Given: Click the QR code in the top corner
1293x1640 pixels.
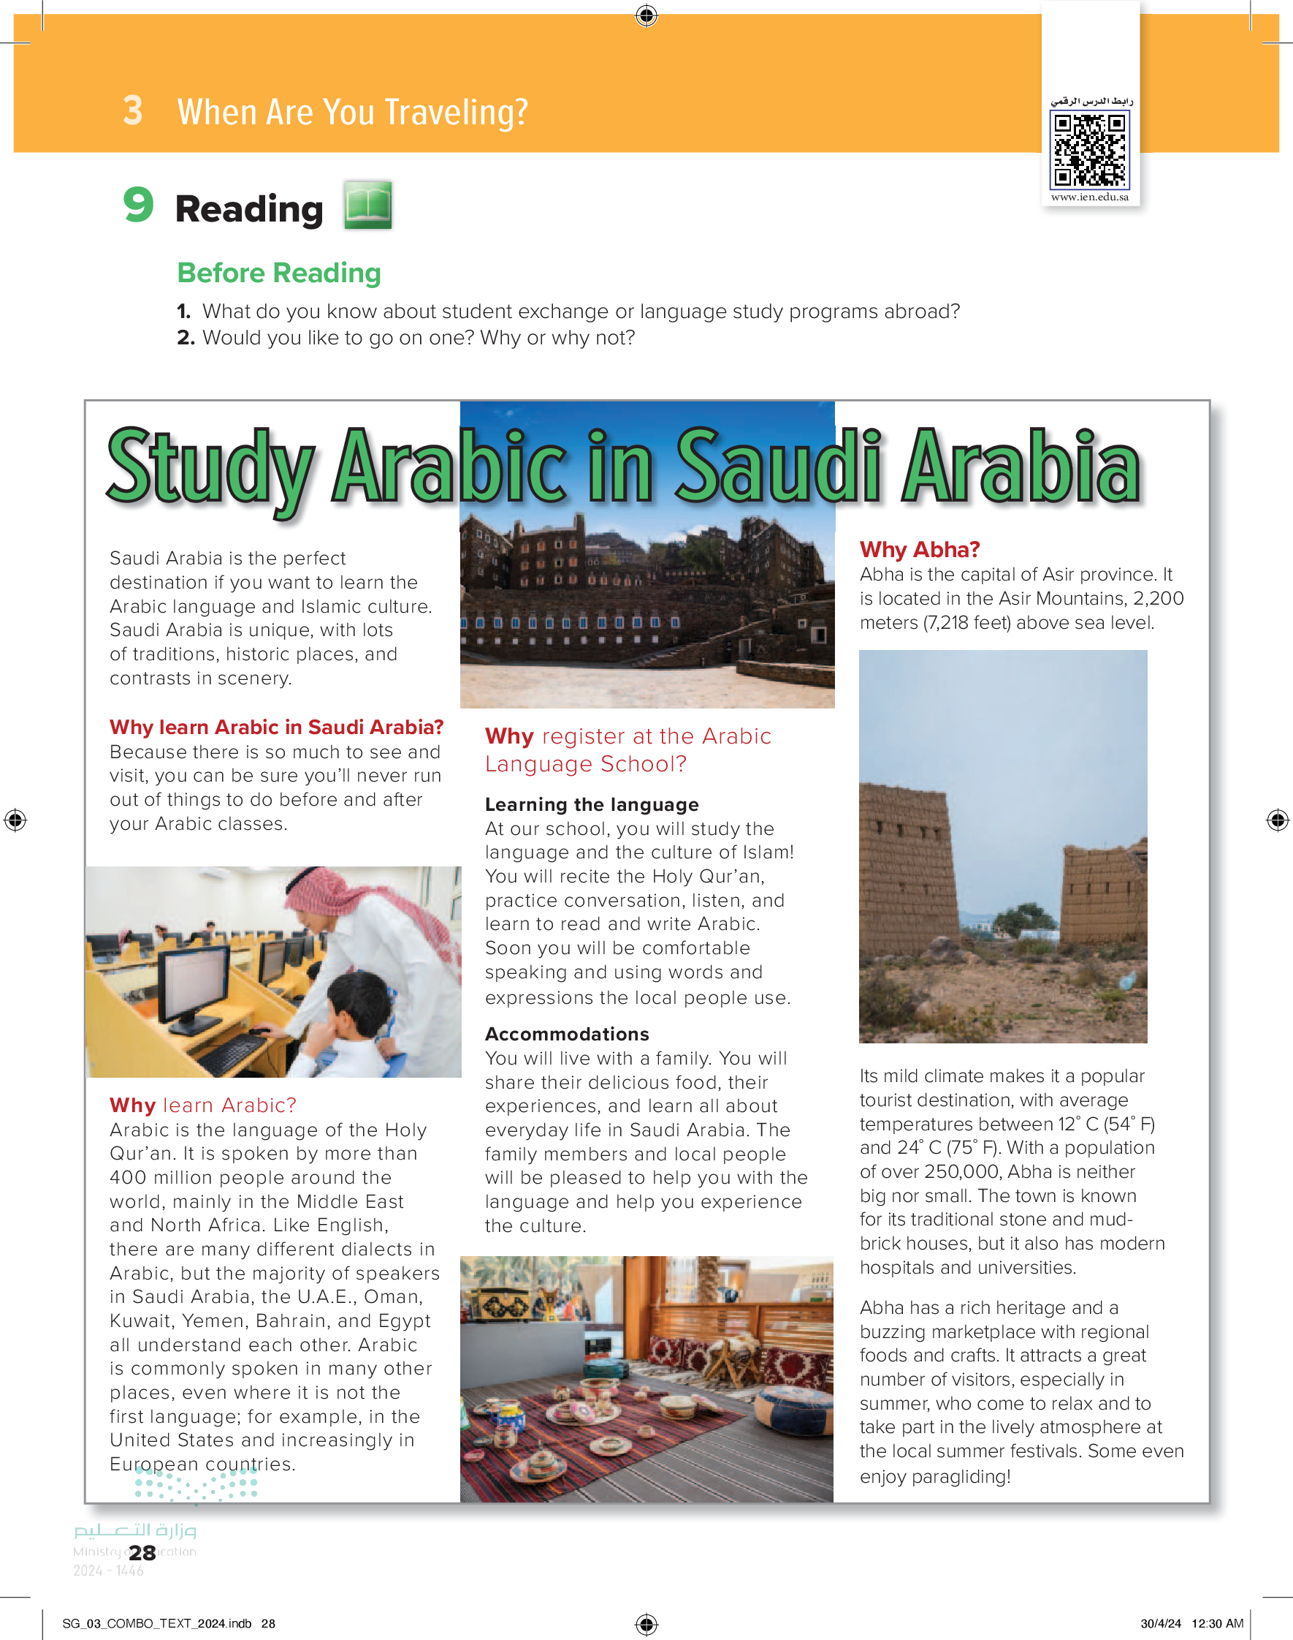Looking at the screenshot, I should coord(1089,149).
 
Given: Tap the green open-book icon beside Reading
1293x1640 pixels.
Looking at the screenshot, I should coord(368,205).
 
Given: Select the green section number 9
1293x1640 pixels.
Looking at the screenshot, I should coord(139,205).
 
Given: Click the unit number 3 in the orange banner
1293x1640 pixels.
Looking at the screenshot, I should coord(132,110).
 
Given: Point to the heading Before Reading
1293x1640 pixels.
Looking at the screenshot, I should coord(278,273).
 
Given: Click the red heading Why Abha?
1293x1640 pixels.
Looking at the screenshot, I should coord(919,549).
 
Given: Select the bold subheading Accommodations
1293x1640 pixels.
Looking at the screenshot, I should coord(567,1034).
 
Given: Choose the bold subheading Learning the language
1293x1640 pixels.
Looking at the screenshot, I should coord(591,804).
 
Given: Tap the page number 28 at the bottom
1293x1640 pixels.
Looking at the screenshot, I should coord(142,1553).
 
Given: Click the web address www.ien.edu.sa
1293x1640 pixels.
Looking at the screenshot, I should coord(1089,197).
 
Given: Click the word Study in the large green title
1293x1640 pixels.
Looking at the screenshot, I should coord(210,468).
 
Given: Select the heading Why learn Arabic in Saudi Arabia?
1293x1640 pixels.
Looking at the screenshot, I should coord(276,728).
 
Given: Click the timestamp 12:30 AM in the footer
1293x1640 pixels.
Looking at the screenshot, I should coord(1217,1623).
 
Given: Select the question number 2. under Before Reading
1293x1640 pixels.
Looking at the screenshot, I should coord(186,338).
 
